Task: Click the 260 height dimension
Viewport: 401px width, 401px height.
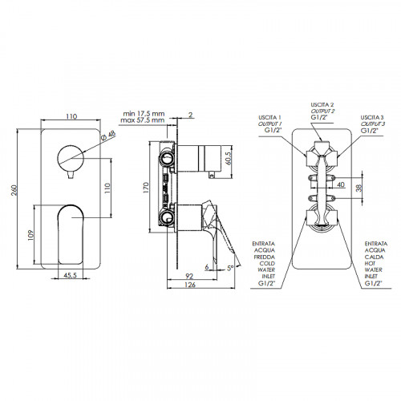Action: [x=14, y=190]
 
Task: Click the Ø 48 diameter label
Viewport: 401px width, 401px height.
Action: [x=109, y=136]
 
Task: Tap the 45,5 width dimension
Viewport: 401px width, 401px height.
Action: [x=71, y=275]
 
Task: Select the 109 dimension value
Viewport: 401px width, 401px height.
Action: [x=31, y=235]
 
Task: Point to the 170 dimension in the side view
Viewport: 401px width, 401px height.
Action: [x=146, y=188]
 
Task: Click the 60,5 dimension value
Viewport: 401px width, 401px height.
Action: [x=228, y=158]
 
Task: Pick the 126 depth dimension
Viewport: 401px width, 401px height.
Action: [x=190, y=285]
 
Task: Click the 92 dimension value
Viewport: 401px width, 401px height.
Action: [x=189, y=276]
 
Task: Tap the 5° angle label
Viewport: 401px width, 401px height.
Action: [x=230, y=268]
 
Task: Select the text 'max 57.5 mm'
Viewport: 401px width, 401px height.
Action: [x=143, y=120]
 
